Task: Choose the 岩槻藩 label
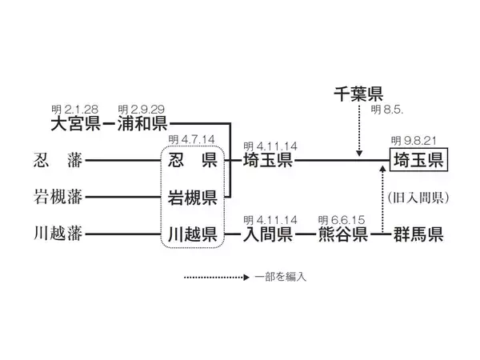(58, 197)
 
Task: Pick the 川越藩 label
(58, 235)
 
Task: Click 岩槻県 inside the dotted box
(193, 198)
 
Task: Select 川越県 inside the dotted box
(193, 235)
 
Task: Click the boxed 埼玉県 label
(418, 161)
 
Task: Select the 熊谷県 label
(342, 235)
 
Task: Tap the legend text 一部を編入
(281, 277)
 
